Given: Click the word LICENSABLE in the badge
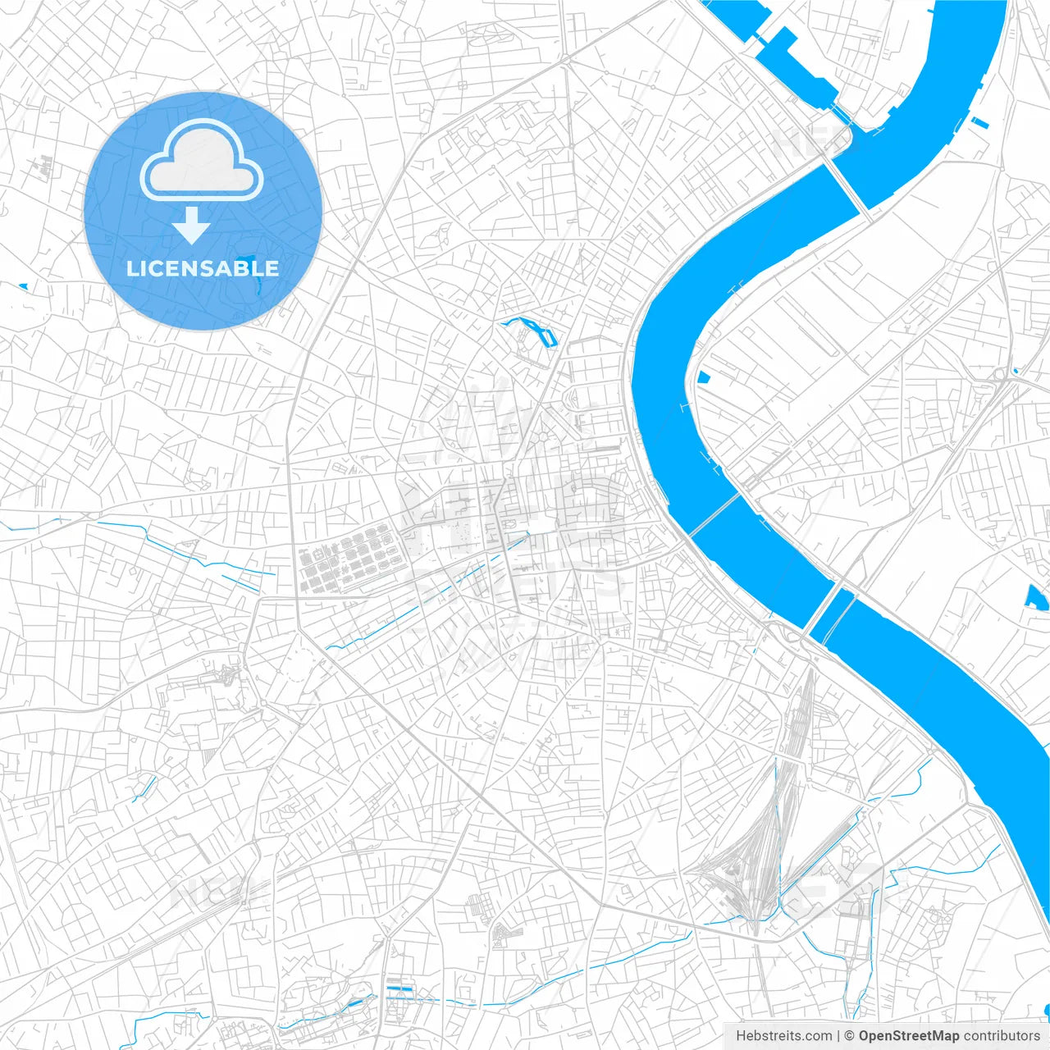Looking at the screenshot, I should point(202,268).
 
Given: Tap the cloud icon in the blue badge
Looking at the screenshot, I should point(202,162).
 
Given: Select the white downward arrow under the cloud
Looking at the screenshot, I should point(191,226).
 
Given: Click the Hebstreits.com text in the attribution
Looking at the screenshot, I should point(783,1036).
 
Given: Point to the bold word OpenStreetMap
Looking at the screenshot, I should point(908,1036).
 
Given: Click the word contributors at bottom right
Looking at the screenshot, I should point(1001,1036).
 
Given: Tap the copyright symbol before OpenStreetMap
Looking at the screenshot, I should point(849,1036).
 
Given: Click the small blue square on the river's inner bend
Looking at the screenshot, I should point(704,377).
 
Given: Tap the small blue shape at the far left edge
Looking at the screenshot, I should point(22,286).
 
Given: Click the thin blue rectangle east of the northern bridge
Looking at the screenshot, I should point(979,123).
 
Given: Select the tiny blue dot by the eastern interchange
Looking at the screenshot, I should point(1015,371).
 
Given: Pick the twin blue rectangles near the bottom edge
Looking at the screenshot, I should point(399,990).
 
